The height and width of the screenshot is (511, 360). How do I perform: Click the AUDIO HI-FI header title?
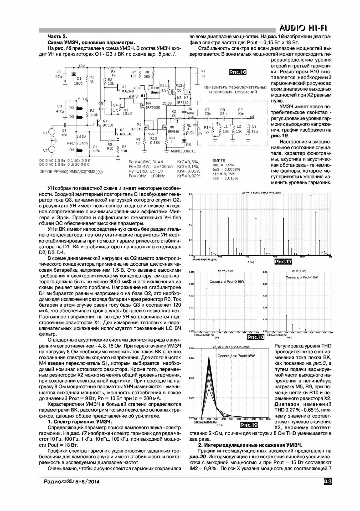coord(304,28)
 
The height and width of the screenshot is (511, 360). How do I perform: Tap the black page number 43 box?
coord(328,482)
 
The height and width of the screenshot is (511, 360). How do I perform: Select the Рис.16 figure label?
coord(238,72)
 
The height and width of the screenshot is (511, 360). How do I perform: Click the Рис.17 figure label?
coord(283,262)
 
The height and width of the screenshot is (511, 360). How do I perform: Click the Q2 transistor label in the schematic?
coord(124,87)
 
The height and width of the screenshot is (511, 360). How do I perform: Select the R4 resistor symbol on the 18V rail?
coord(113,68)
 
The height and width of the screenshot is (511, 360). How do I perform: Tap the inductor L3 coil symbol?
coord(248,129)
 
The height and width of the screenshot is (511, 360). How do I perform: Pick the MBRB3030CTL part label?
coord(181,152)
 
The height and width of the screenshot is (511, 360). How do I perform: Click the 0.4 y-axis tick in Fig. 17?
coord(191,194)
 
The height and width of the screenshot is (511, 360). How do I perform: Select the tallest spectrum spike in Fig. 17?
coord(311,195)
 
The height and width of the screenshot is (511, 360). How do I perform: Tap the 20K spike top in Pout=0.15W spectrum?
coord(207,289)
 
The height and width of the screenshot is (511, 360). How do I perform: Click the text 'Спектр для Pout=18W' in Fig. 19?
coord(236,356)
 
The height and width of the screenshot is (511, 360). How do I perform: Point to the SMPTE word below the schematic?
coord(218,161)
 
